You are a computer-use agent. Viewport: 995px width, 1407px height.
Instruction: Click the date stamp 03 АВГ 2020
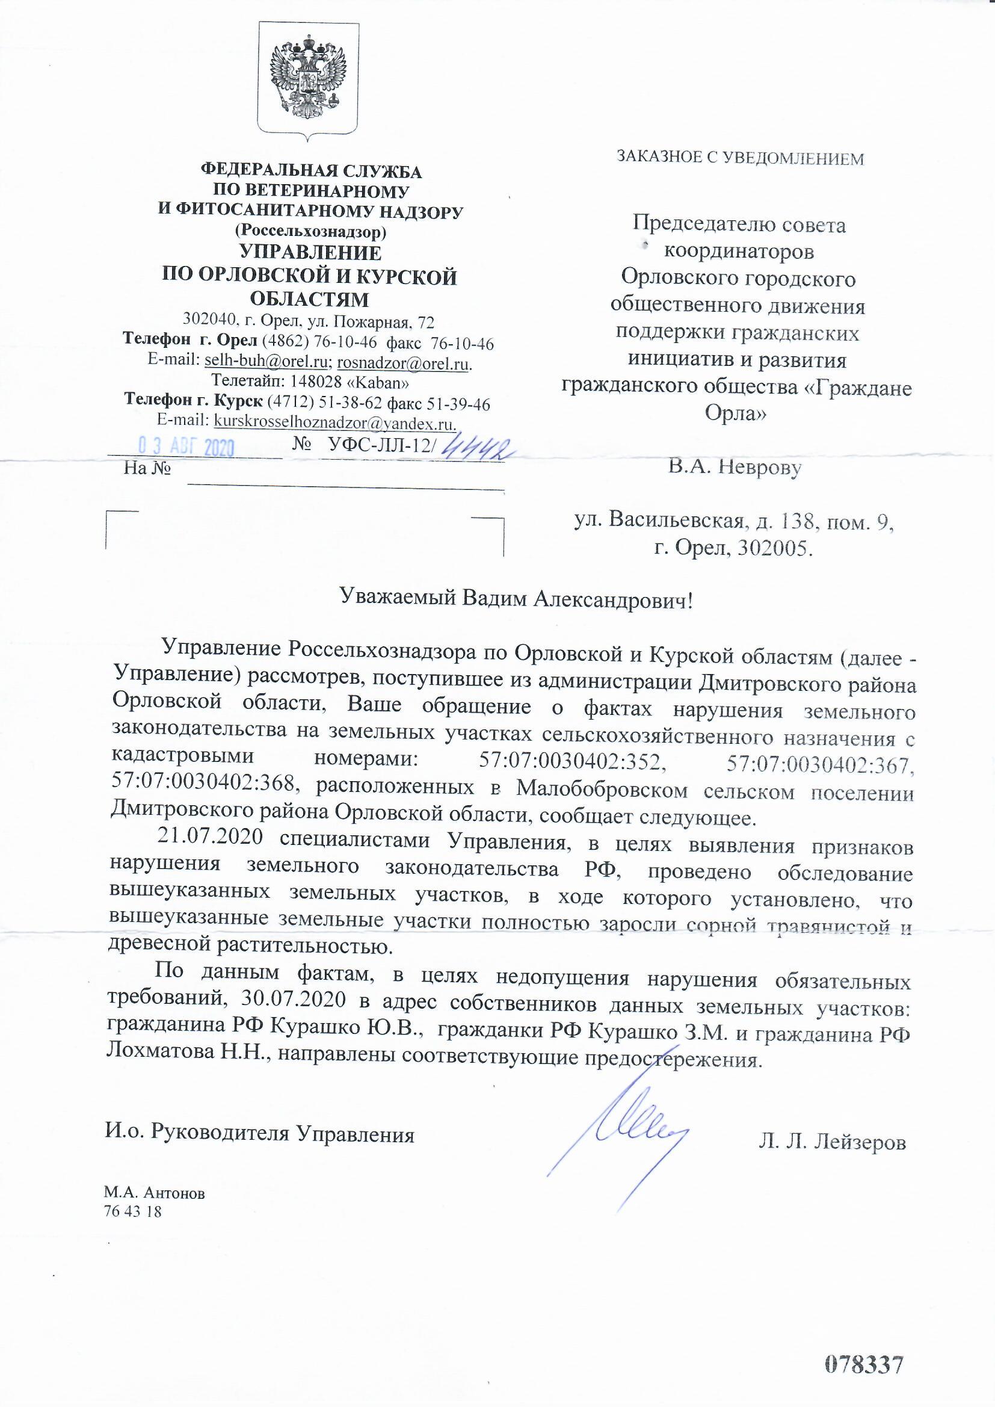[x=186, y=447]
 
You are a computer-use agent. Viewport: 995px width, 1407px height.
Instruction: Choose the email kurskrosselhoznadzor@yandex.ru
[x=334, y=423]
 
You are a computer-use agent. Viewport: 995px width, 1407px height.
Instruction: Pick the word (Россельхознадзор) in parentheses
[x=310, y=232]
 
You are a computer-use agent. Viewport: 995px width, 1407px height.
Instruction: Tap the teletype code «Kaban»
[x=382, y=382]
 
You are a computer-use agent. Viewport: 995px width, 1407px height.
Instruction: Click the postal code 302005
[x=774, y=548]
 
